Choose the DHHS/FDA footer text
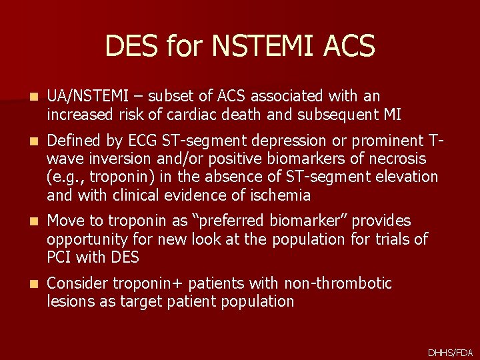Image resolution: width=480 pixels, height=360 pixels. (450, 352)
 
